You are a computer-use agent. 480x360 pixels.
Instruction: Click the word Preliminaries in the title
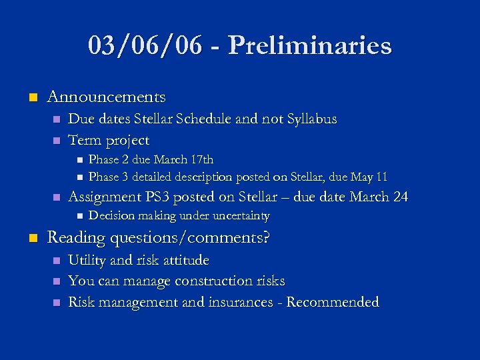[309, 46]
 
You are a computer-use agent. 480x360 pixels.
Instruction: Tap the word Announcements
[106, 97]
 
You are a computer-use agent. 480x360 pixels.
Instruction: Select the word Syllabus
[311, 119]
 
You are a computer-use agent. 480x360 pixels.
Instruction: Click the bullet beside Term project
[56, 141]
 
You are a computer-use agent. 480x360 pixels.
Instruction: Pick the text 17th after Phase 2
[202, 160]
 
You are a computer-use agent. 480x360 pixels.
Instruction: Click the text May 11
[373, 177]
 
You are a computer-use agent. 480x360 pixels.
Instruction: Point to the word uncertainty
[240, 216]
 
